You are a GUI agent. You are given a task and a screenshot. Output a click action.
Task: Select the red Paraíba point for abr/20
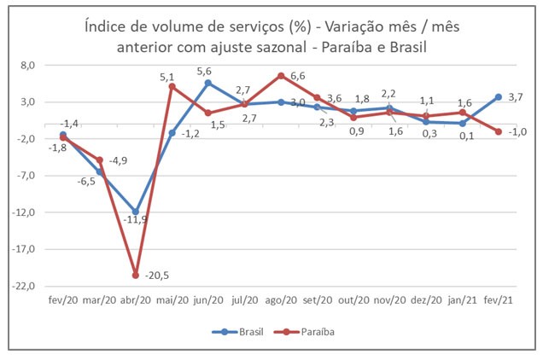tap(136, 275)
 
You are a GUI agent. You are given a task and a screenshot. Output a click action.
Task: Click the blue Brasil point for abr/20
tap(136, 212)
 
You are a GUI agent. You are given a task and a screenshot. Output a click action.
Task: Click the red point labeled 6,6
tap(281, 76)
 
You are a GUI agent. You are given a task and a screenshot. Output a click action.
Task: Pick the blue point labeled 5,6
tap(208, 83)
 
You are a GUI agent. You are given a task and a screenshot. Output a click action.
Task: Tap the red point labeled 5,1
tap(172, 86)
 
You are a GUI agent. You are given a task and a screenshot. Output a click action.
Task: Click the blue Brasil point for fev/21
tap(499, 96)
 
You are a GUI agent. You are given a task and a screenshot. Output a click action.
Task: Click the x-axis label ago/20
tap(281, 300)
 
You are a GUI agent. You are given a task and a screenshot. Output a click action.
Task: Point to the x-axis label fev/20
tap(62, 300)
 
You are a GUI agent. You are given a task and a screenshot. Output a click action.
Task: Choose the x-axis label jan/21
tap(462, 300)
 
